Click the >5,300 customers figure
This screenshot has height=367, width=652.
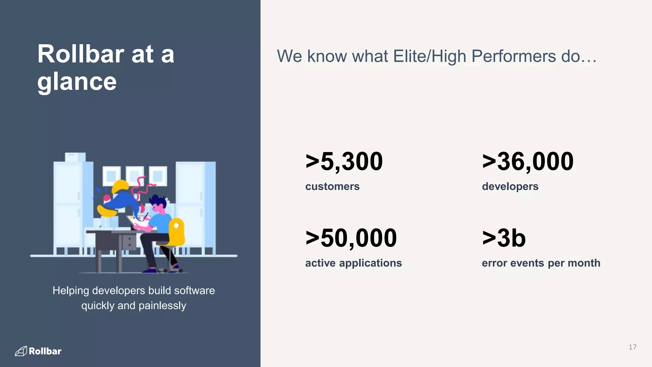click(344, 161)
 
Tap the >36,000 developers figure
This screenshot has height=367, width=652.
click(528, 161)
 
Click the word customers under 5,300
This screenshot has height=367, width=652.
click(332, 186)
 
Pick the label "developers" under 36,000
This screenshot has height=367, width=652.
click(510, 186)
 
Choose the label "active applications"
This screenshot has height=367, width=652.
click(353, 263)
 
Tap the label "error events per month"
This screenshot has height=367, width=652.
click(541, 263)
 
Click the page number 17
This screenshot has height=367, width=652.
click(632, 347)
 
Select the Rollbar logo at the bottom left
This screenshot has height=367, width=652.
click(38, 351)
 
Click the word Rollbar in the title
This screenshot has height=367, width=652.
click(81, 54)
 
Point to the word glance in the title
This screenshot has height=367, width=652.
click(77, 82)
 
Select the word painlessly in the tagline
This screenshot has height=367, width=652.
click(162, 306)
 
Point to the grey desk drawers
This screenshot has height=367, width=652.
click(129, 242)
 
